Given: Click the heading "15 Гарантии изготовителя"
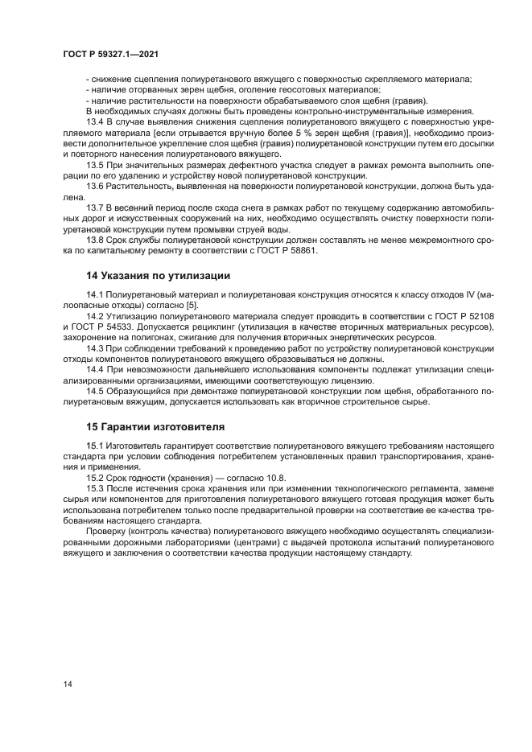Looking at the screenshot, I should pos(155,425).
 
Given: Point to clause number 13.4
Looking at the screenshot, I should pos(95,121).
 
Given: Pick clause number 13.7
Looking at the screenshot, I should pos(95,208).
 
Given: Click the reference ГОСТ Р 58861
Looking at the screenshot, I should pos(284,250).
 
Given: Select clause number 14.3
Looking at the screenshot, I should pos(95,348).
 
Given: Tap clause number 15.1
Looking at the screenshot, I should pos(95,446).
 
